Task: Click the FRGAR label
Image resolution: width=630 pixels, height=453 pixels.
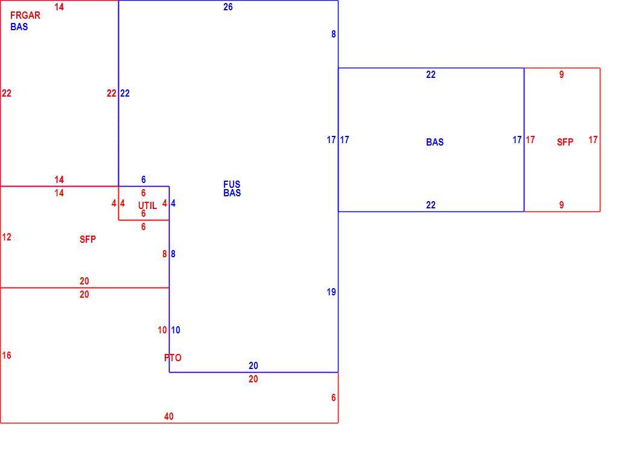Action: point(25,15)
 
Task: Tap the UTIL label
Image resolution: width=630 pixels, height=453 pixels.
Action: point(147,205)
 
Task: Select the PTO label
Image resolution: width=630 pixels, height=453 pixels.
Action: point(173,358)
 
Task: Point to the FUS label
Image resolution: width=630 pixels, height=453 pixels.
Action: point(232,184)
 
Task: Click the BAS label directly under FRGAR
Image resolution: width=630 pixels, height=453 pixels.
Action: point(19,27)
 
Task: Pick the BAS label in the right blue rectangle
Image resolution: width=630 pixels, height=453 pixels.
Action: point(434,142)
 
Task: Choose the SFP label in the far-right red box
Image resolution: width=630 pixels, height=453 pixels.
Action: point(565,142)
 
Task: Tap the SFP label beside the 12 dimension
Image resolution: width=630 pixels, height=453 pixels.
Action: point(87,239)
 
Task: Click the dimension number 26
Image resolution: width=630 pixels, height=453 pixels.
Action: point(228,7)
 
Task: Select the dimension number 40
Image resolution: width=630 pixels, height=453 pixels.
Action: point(169,416)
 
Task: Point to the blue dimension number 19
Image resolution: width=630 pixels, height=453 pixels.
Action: point(331,292)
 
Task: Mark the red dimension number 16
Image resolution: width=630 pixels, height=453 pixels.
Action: point(7,355)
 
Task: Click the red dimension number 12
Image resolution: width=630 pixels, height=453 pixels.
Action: point(7,237)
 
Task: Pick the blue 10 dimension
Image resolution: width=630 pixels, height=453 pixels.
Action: point(176,330)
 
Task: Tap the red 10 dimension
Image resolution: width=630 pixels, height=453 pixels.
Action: point(162,330)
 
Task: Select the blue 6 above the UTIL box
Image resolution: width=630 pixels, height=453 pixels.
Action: point(144,179)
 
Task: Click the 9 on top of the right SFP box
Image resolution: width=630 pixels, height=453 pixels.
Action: point(561,74)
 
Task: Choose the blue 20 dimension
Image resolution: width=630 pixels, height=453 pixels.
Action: point(253,365)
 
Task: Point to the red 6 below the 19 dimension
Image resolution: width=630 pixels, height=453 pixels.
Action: point(334,397)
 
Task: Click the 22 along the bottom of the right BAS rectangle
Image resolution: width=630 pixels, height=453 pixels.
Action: point(431,205)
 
